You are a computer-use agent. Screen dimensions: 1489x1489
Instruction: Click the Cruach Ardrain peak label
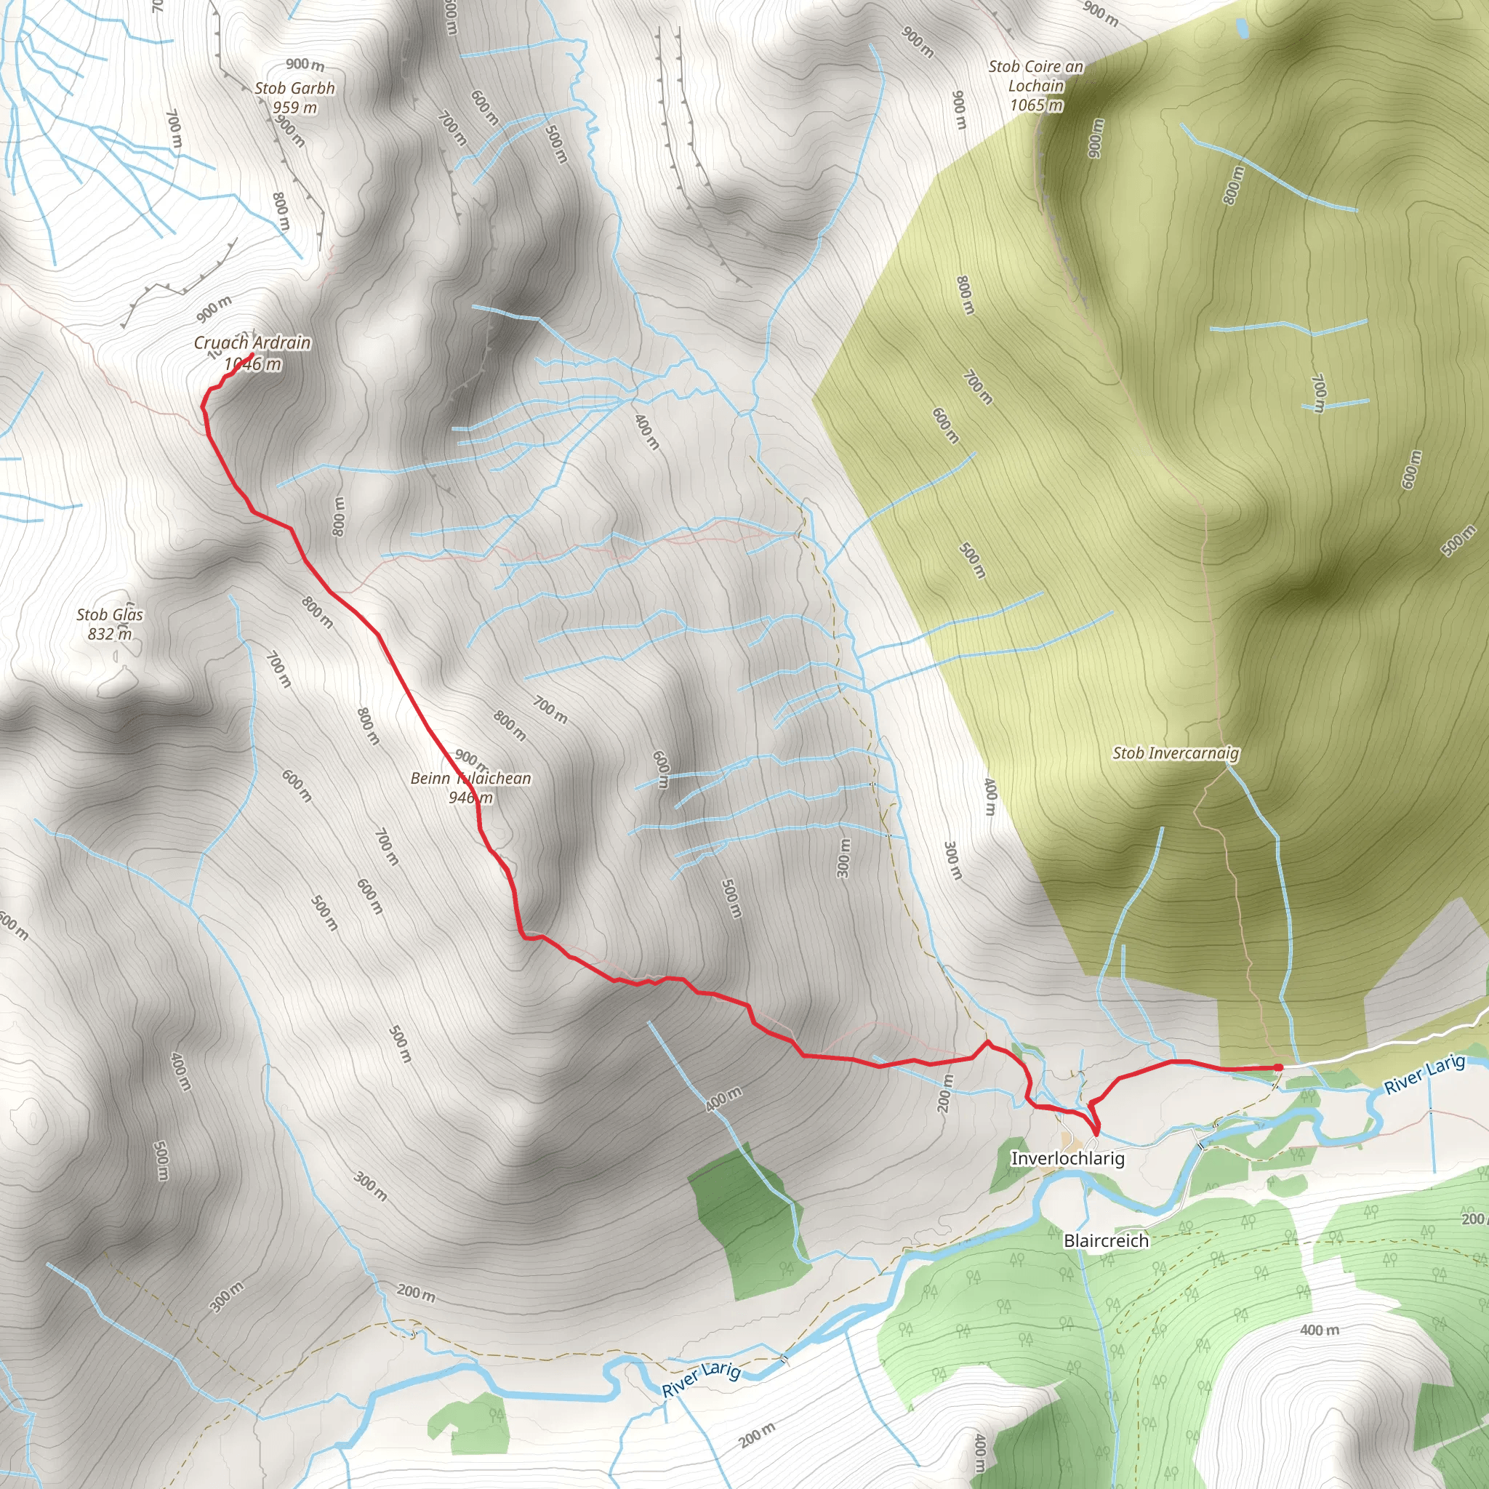click(252, 342)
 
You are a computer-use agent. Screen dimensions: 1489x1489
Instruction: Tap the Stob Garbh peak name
click(294, 88)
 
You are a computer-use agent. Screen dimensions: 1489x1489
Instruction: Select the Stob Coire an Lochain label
click(1036, 76)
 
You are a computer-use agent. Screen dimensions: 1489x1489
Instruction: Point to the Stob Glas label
click(110, 614)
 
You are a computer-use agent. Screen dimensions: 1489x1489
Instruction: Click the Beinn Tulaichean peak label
click(470, 779)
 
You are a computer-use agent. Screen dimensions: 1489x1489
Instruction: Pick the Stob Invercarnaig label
click(1176, 753)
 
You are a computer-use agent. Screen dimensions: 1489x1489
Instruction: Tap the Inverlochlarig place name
click(1067, 1158)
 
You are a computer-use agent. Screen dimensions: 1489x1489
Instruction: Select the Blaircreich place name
click(1106, 1241)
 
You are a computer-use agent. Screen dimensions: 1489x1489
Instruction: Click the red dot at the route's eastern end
click(1279, 1067)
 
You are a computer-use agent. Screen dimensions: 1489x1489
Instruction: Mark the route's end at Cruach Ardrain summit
click(252, 355)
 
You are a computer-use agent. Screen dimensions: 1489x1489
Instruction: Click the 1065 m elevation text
click(1037, 105)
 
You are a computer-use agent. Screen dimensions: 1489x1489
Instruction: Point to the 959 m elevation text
click(294, 107)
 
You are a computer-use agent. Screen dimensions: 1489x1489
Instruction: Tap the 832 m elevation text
click(110, 634)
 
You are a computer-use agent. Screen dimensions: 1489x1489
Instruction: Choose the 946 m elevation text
click(470, 798)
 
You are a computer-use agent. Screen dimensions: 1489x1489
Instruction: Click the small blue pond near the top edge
click(1242, 29)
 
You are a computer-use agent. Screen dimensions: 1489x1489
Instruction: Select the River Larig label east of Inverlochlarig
click(1424, 1075)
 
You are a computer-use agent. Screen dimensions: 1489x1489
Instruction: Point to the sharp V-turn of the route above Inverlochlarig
click(1095, 1131)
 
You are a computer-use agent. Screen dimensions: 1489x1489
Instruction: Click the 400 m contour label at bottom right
click(1320, 1331)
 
